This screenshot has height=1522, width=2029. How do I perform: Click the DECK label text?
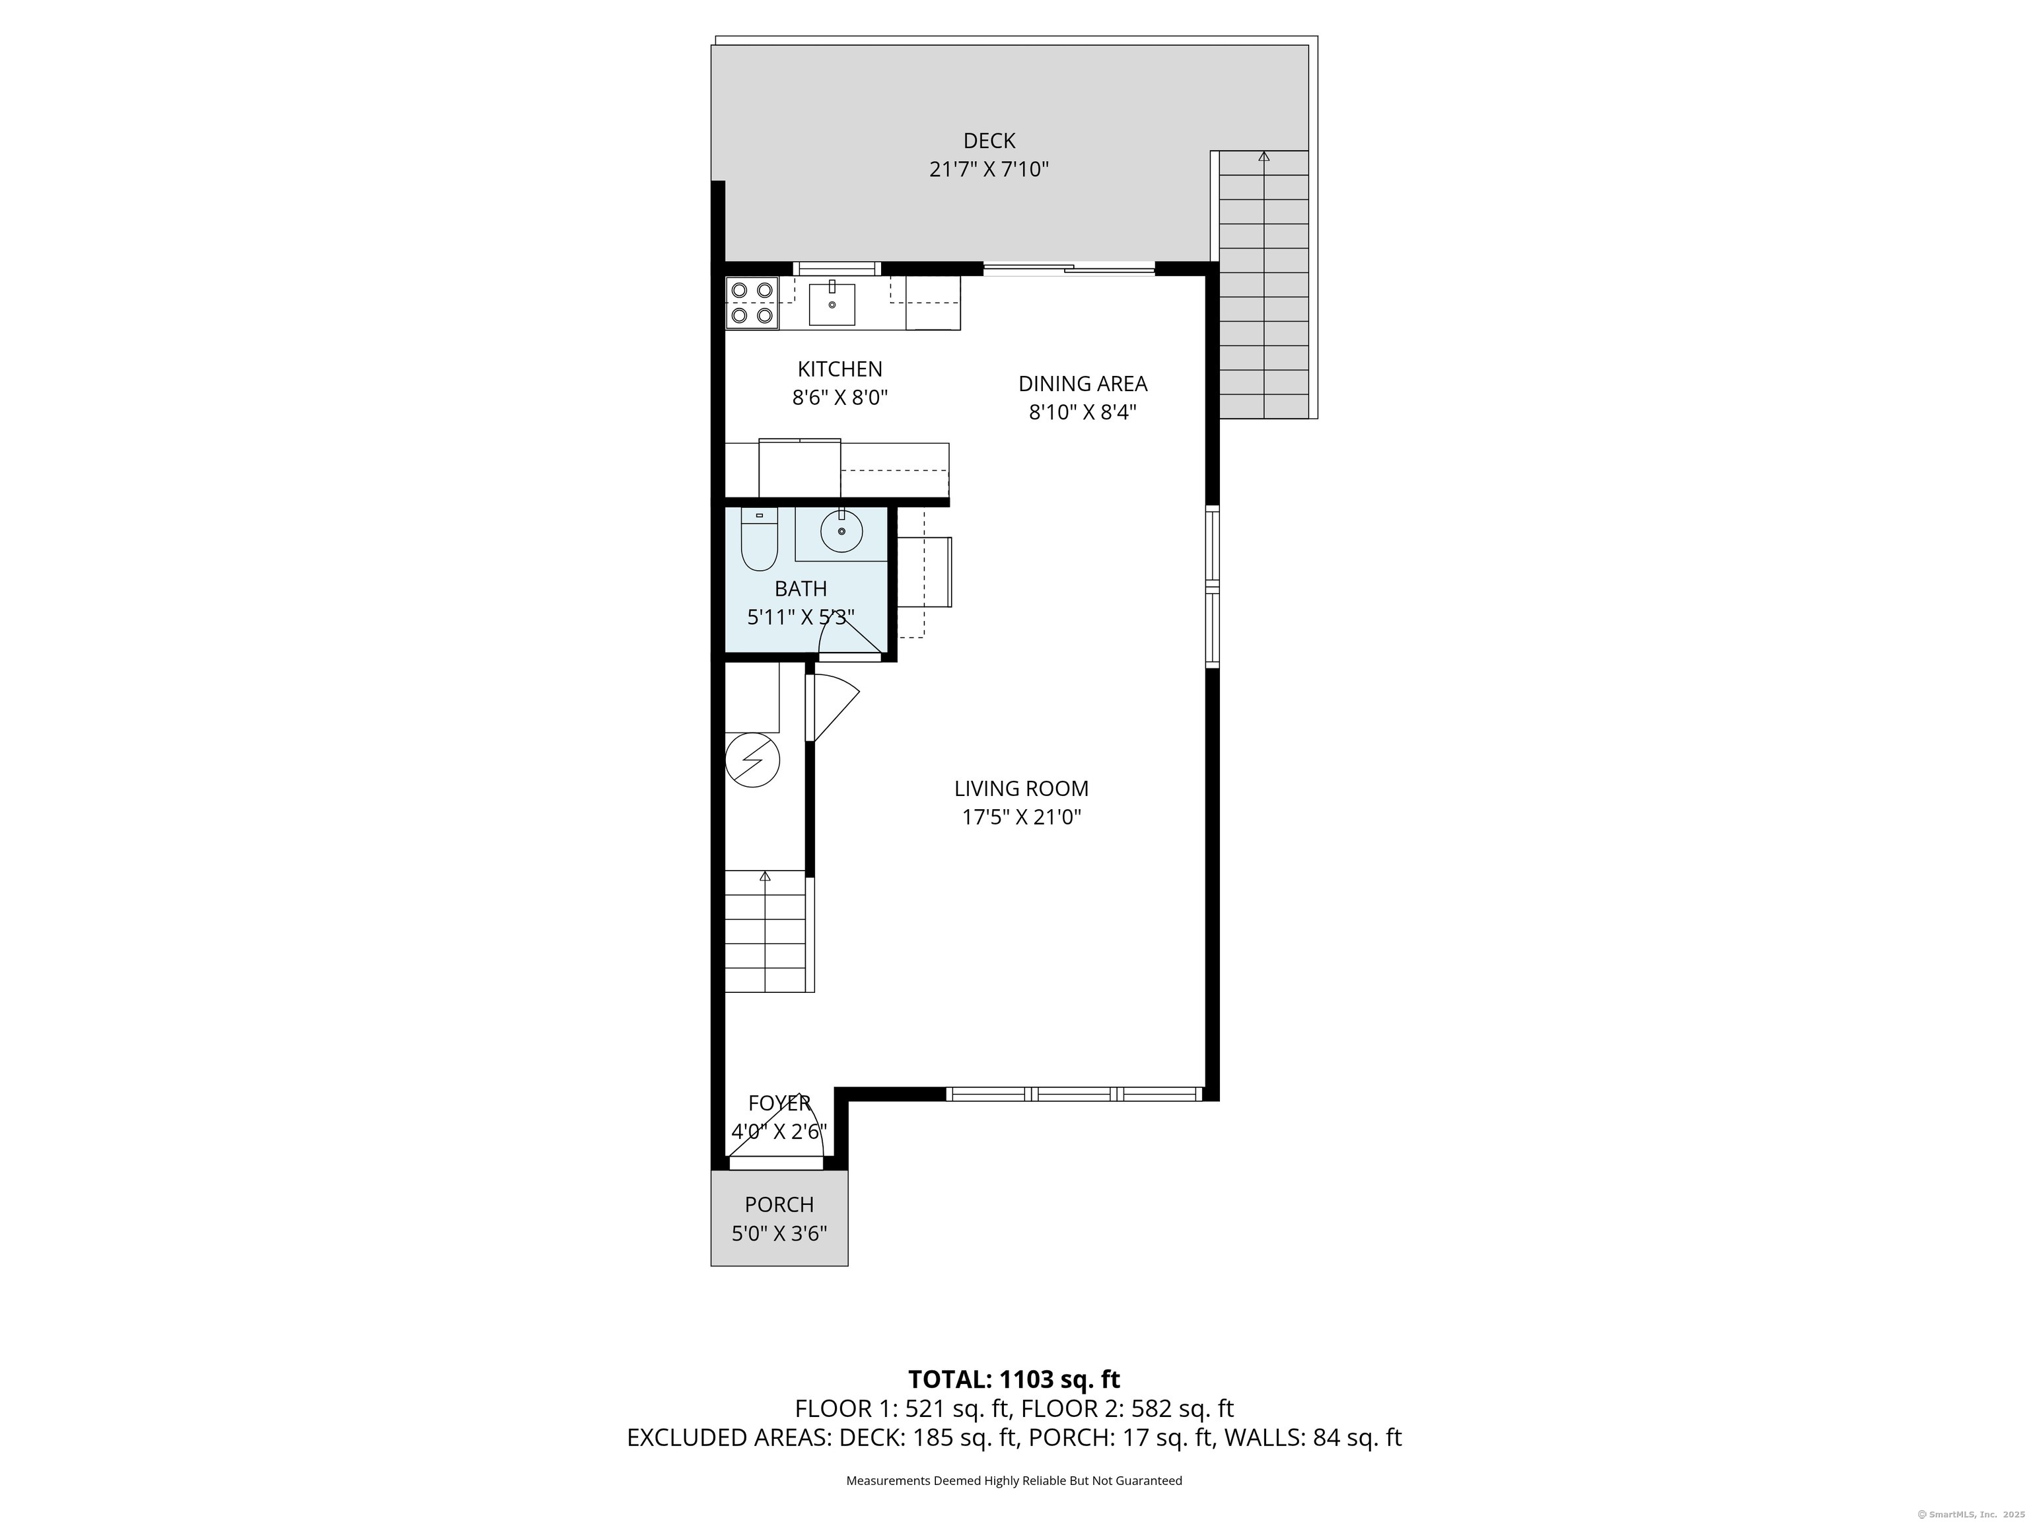(x=989, y=140)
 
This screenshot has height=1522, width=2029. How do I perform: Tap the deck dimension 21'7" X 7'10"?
(x=989, y=170)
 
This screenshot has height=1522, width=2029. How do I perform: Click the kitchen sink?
(x=832, y=304)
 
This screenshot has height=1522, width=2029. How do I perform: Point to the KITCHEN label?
(x=839, y=369)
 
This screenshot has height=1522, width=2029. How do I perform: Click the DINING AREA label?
(x=1083, y=384)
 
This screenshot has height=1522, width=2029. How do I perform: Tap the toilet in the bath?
(x=760, y=540)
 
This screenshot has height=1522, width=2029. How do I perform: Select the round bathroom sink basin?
(x=841, y=530)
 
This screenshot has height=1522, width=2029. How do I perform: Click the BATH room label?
(x=801, y=588)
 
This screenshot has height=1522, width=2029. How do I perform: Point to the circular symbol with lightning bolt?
(x=752, y=760)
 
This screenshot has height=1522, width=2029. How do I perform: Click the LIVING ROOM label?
(x=1021, y=788)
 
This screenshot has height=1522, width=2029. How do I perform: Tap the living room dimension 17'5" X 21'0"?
(x=1021, y=817)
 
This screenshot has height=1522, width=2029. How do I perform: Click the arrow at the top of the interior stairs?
(x=765, y=876)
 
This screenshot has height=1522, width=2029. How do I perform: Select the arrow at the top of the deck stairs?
(x=1264, y=157)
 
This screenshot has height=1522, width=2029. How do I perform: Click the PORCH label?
(x=779, y=1204)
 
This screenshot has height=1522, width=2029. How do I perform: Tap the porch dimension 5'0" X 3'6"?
(x=779, y=1234)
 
